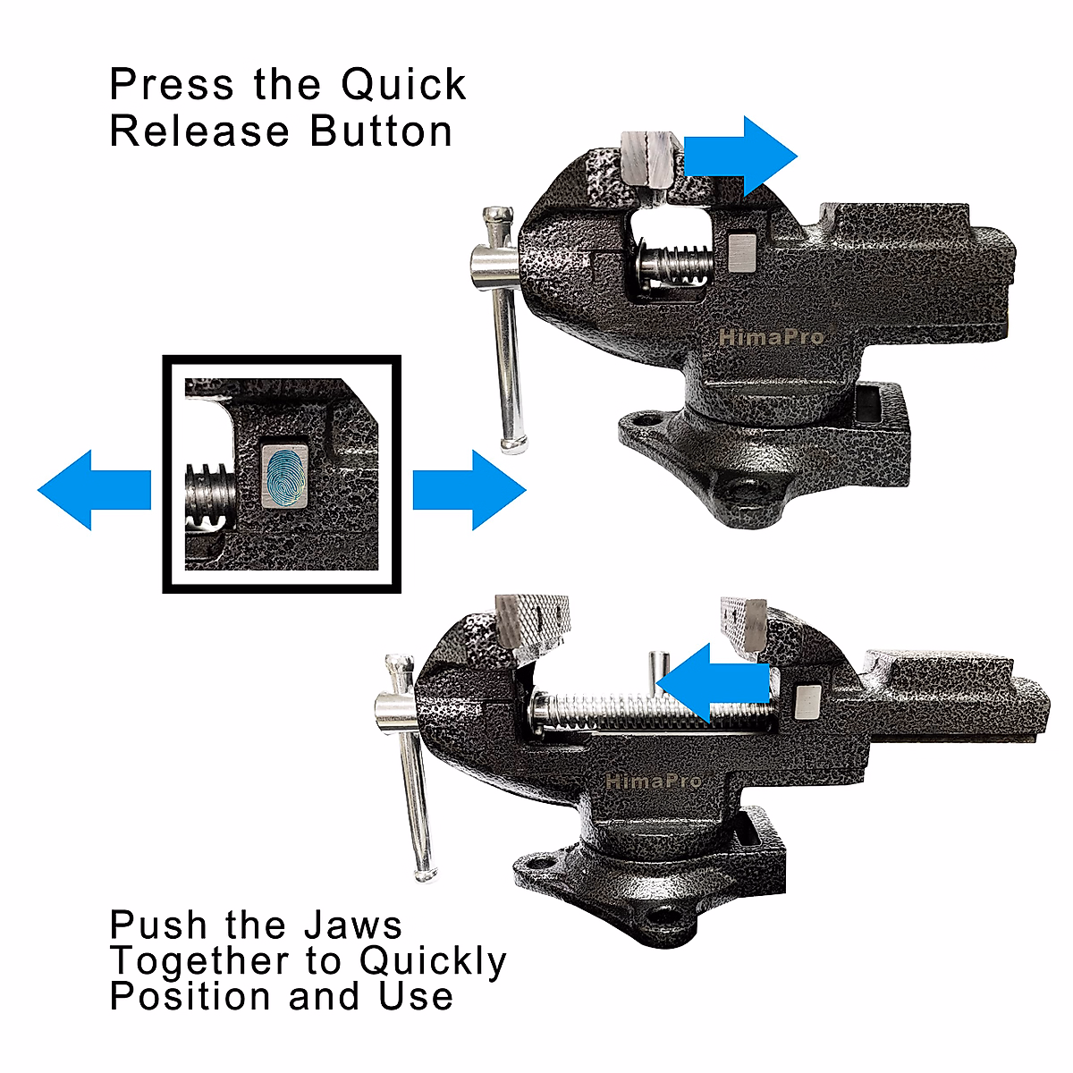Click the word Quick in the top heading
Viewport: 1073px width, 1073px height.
pyautogui.click(x=403, y=86)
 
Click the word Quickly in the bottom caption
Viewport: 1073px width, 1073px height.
pyautogui.click(x=433, y=961)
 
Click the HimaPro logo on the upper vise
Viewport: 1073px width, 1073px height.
pyautogui.click(x=771, y=338)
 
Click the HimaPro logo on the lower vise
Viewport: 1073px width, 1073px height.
pyautogui.click(x=654, y=781)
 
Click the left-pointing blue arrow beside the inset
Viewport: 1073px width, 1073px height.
pyautogui.click(x=93, y=490)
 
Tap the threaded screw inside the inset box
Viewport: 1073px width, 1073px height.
pyautogui.click(x=209, y=501)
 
